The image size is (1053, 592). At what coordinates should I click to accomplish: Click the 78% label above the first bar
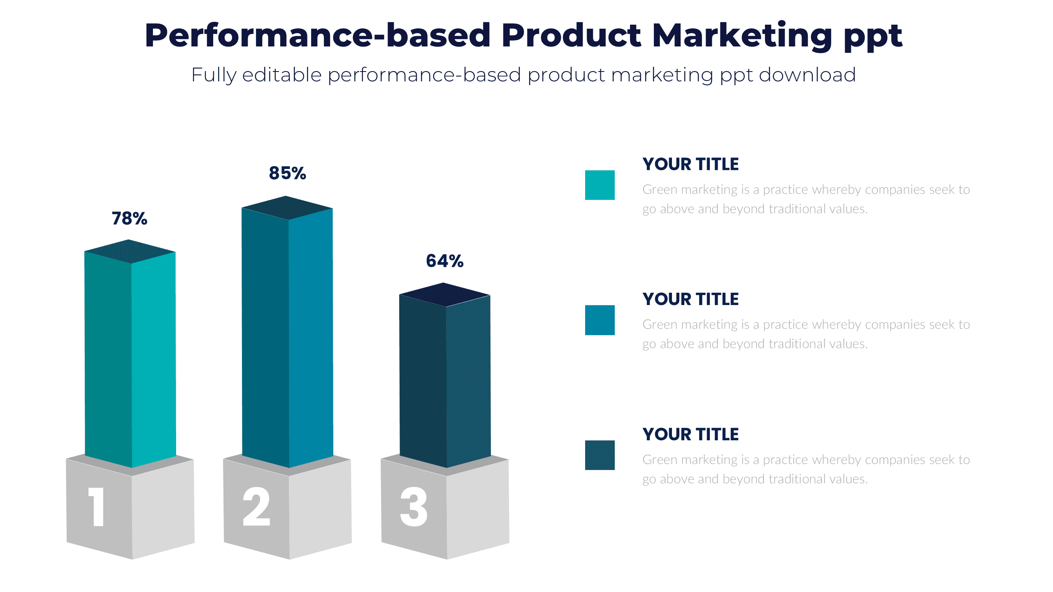pyautogui.click(x=129, y=218)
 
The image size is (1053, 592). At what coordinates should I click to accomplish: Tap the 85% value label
pyautogui.click(x=287, y=173)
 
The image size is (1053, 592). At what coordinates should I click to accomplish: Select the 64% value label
pyautogui.click(x=444, y=261)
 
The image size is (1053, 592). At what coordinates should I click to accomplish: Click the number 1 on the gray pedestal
pyautogui.click(x=97, y=506)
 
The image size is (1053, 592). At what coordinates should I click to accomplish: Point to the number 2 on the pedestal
pyautogui.click(x=256, y=506)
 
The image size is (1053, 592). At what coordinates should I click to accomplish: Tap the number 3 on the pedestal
pyautogui.click(x=414, y=506)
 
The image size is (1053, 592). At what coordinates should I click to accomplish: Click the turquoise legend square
pyautogui.click(x=600, y=185)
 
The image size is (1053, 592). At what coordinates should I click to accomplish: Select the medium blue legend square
pyautogui.click(x=600, y=320)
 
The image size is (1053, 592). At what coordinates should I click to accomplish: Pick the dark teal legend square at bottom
pyautogui.click(x=600, y=455)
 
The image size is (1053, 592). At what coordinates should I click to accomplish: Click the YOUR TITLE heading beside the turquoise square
pyautogui.click(x=690, y=164)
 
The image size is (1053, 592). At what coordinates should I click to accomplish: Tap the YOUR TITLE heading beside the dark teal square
pyautogui.click(x=690, y=434)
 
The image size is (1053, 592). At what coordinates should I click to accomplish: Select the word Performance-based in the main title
pyautogui.click(x=317, y=36)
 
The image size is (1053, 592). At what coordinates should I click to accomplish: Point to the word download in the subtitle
pyautogui.click(x=807, y=75)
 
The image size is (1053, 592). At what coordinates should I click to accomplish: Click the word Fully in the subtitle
pyautogui.click(x=214, y=76)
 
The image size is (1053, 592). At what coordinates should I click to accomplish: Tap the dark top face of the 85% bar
pyautogui.click(x=287, y=208)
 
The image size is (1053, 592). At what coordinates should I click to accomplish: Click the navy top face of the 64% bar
pyautogui.click(x=444, y=294)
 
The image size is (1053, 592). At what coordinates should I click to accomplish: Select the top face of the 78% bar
pyautogui.click(x=130, y=251)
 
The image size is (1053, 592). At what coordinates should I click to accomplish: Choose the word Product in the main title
pyautogui.click(x=571, y=36)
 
